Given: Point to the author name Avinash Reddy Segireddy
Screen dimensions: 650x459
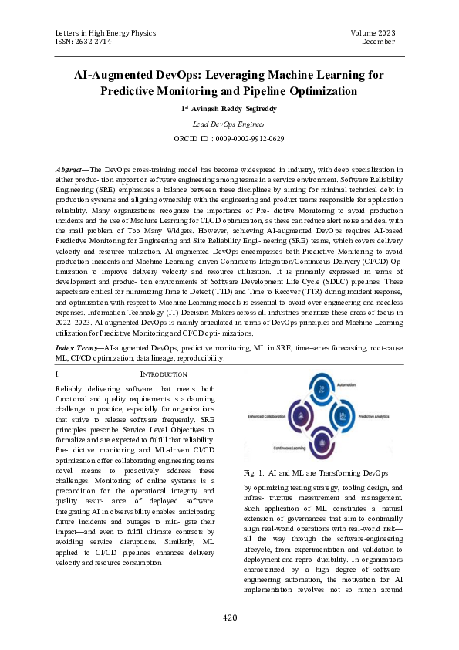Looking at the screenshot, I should tap(232, 109).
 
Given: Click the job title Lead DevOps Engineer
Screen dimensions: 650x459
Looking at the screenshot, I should tap(228, 124).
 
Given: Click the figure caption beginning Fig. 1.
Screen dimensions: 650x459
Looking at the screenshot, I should tap(315, 472).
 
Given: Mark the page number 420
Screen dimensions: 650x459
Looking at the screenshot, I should tap(229, 618).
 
